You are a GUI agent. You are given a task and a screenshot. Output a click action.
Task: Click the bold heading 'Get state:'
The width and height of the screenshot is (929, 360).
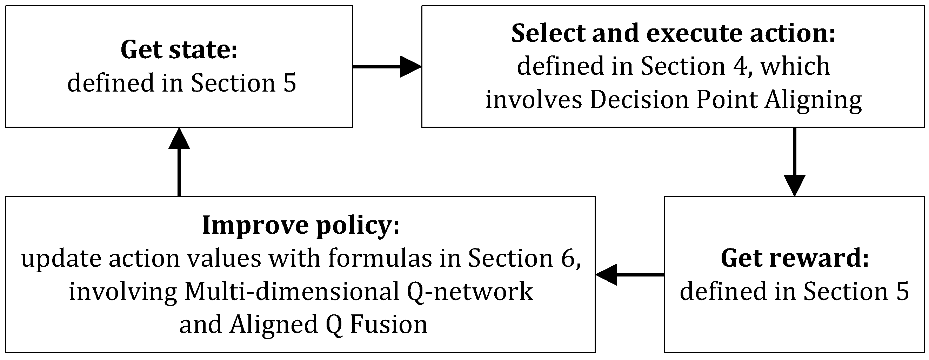(179, 50)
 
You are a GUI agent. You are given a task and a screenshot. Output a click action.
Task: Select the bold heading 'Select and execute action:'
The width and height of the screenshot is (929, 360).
(673, 33)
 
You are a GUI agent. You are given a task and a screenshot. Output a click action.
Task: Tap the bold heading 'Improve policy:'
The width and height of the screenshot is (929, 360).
(301, 225)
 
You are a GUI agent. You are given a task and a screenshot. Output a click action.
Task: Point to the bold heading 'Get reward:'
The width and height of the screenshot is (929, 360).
(795, 258)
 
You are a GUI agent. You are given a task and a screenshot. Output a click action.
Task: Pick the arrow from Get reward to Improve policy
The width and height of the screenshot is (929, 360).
(630, 275)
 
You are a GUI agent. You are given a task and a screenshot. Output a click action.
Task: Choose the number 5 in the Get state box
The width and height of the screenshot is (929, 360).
(289, 83)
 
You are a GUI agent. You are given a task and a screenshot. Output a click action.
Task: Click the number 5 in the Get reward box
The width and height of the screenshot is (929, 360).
(902, 292)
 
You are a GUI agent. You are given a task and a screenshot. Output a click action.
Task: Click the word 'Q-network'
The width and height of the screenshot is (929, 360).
(470, 292)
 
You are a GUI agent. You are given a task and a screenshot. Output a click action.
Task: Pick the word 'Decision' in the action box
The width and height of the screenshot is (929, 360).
(639, 100)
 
